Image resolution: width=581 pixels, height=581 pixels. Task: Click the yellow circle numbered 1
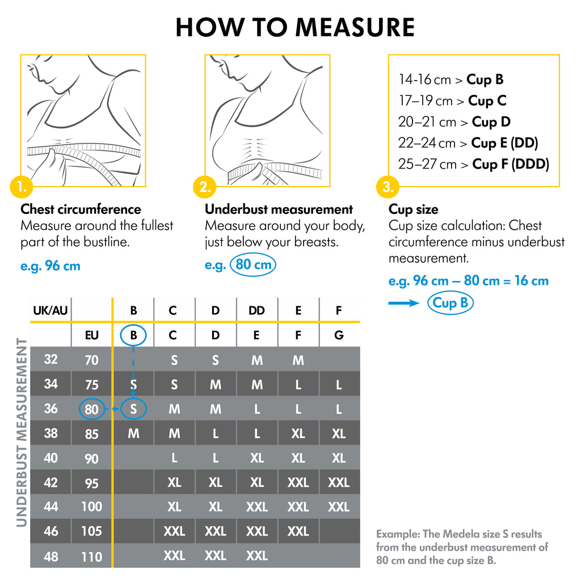22,186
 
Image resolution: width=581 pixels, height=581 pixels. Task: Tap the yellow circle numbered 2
204,186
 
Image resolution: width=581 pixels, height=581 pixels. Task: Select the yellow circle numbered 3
388,186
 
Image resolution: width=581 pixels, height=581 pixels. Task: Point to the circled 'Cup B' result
450,303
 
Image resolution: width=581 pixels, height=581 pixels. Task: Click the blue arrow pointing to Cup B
404,304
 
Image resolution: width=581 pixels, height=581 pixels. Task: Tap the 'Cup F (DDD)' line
474,165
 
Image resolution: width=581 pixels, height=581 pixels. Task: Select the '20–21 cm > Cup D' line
454,122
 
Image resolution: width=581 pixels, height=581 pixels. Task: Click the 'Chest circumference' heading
81,209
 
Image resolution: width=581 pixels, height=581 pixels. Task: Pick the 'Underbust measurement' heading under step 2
279,209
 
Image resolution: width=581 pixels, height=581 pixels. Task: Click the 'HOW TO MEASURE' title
295,27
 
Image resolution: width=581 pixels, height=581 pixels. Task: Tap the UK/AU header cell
50,310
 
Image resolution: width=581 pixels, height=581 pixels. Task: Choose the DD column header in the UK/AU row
256,310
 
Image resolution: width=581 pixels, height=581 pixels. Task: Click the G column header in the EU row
339,335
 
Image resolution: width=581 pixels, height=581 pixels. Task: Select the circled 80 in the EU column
91,410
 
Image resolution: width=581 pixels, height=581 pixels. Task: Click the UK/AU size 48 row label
51,557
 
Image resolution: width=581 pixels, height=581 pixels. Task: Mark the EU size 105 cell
91,532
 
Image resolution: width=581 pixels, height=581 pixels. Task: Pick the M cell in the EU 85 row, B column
133,434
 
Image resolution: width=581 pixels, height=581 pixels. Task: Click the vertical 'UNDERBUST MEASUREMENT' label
22,432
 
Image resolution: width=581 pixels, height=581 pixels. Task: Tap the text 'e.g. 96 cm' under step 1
50,266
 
